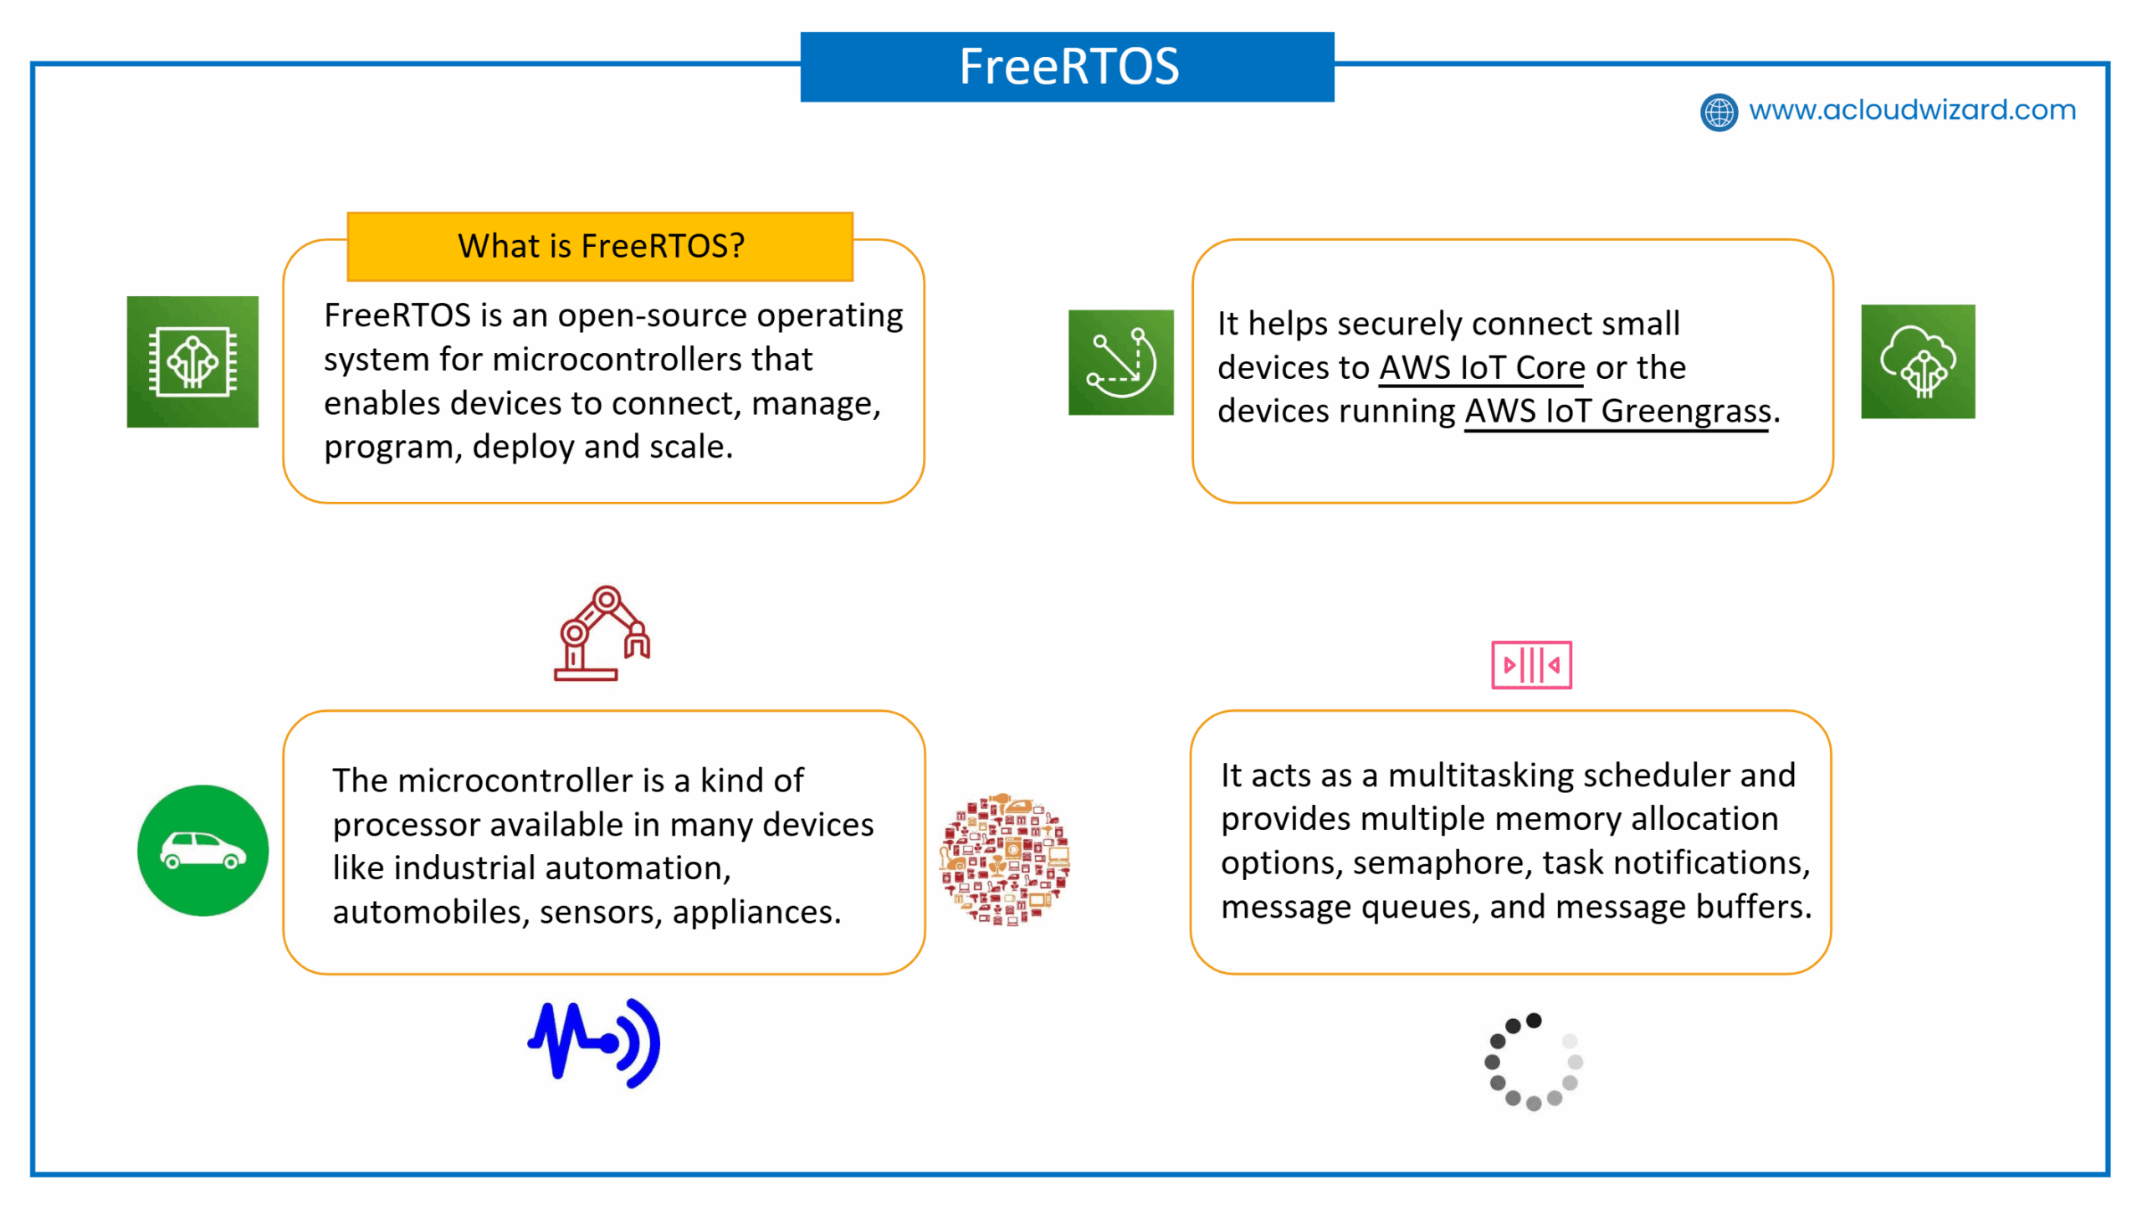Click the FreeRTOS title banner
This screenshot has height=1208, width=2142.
tap(1067, 67)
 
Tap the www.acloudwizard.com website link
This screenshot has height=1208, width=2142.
tap(1912, 110)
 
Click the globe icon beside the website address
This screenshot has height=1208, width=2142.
tap(1719, 112)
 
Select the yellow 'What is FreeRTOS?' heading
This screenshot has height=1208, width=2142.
tap(600, 246)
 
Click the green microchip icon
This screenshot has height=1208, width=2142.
tap(192, 361)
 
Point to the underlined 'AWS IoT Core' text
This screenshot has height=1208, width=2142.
tap(1482, 368)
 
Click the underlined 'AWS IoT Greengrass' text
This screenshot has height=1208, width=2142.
tap(1617, 412)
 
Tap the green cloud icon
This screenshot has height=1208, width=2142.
tap(1918, 361)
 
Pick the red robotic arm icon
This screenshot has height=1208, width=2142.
tap(602, 633)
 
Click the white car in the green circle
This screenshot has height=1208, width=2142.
tap(203, 851)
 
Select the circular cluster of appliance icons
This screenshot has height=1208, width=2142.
tap(1004, 859)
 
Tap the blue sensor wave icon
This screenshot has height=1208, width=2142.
tap(594, 1042)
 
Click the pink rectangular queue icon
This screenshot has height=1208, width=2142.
tap(1531, 665)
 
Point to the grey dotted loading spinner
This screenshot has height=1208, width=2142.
tap(1533, 1062)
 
